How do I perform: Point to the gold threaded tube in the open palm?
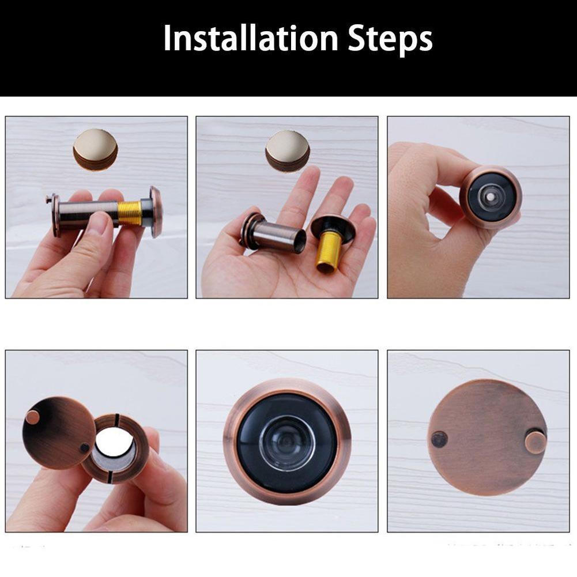[327, 251]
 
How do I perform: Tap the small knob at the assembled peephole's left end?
[49, 200]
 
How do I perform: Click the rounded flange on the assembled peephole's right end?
[156, 212]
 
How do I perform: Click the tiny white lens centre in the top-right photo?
[490, 197]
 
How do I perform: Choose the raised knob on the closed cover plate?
[535, 442]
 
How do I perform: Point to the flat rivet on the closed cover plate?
[439, 440]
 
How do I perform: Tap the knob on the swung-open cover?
[33, 417]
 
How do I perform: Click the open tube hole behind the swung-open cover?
[113, 441]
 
